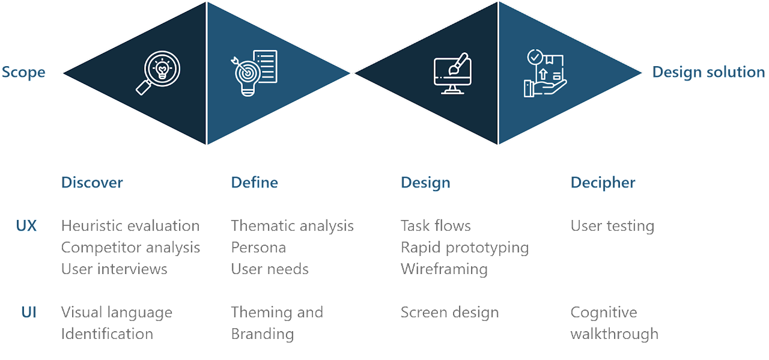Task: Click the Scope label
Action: [23, 72]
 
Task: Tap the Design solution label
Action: [708, 72]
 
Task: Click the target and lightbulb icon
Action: [254, 73]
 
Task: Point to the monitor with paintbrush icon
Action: [451, 73]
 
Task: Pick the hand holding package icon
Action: [544, 73]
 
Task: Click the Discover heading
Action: [92, 183]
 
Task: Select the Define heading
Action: [254, 183]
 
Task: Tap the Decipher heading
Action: [603, 183]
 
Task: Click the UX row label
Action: [26, 226]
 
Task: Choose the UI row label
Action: [28, 313]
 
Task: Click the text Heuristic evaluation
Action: [130, 226]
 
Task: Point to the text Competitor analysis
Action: [130, 248]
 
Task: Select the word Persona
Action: [258, 248]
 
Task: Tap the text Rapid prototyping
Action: [464, 248]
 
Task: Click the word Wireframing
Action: [444, 269]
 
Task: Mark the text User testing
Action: [612, 226]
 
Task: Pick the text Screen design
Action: [449, 313]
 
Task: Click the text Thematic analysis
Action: [292, 226]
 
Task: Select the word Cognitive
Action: [603, 313]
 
